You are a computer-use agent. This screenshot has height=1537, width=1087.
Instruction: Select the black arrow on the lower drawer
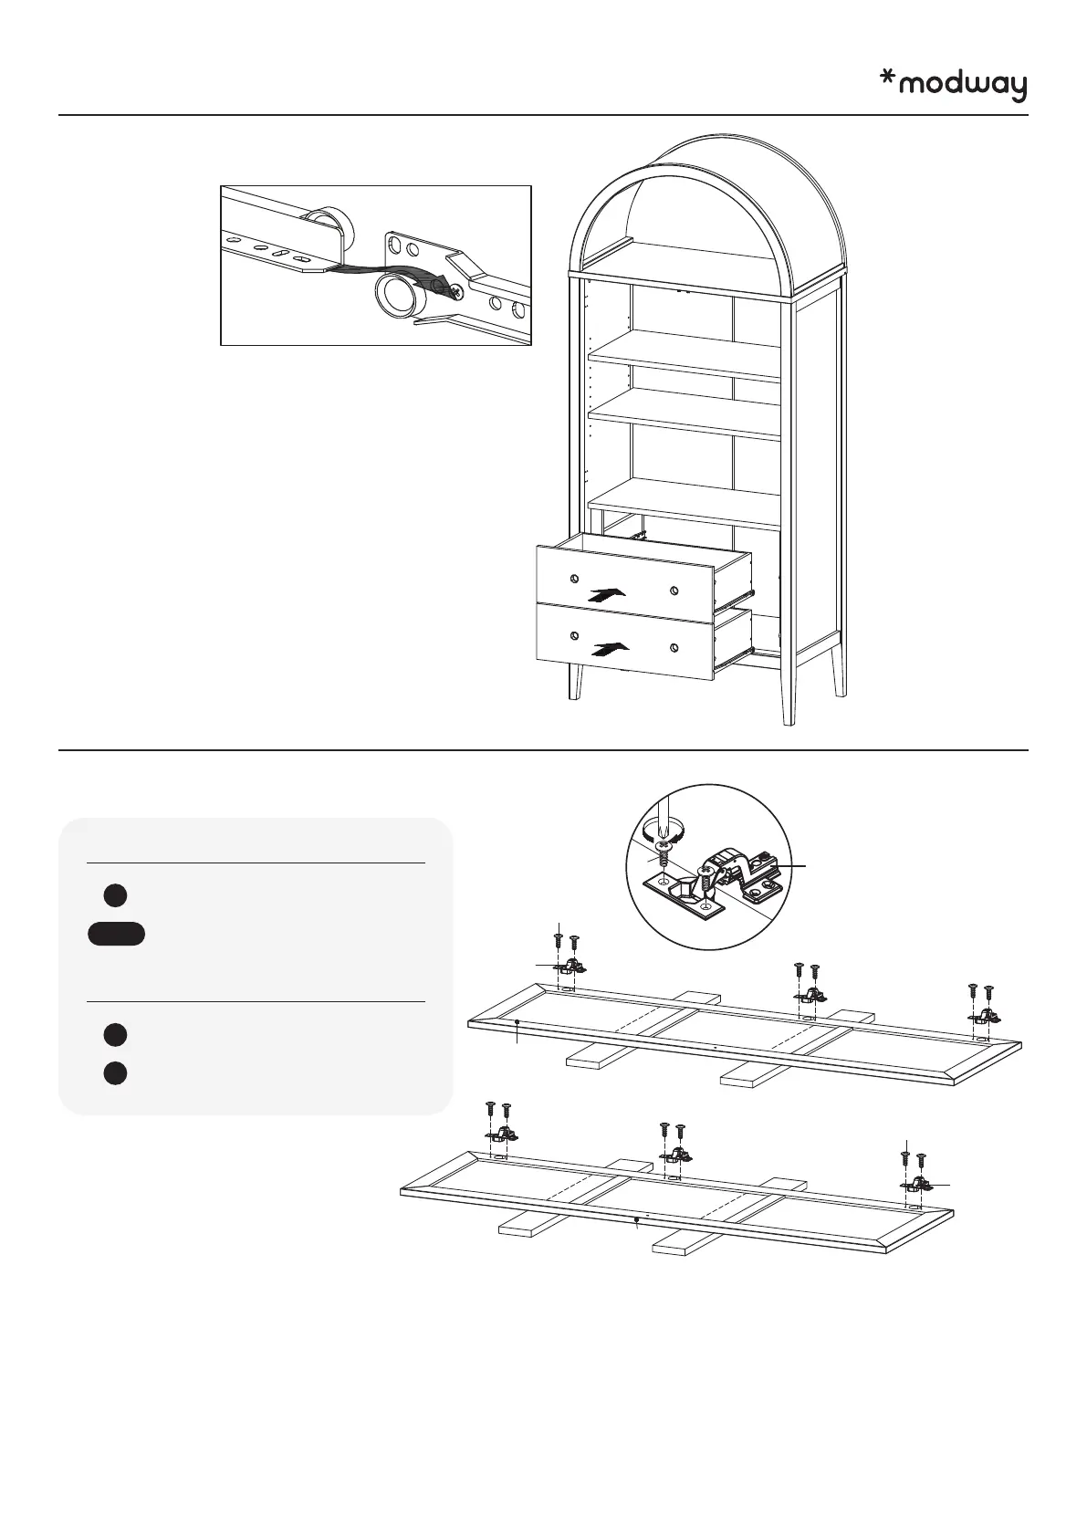coord(610,649)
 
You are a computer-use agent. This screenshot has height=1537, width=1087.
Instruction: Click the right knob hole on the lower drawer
coord(674,648)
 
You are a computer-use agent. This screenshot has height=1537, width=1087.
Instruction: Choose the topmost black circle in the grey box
coord(114,895)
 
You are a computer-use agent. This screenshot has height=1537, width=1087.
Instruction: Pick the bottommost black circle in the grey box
coord(114,1073)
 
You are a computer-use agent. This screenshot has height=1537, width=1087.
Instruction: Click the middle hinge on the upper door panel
coord(808,995)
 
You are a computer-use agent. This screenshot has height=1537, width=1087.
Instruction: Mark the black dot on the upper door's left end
coord(517,1022)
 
